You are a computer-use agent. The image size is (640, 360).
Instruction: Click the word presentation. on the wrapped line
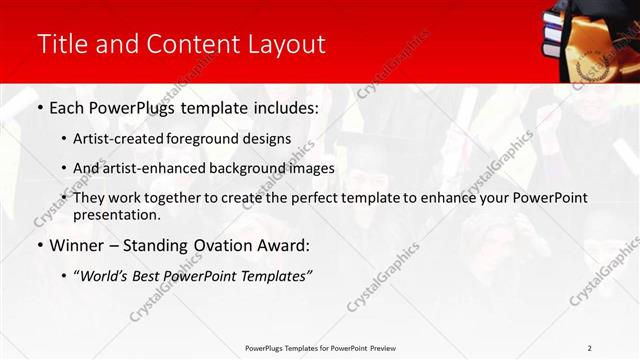(x=117, y=214)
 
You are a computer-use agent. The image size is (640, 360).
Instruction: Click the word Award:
(x=284, y=245)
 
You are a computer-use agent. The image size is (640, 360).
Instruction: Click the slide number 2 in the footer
(x=589, y=348)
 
